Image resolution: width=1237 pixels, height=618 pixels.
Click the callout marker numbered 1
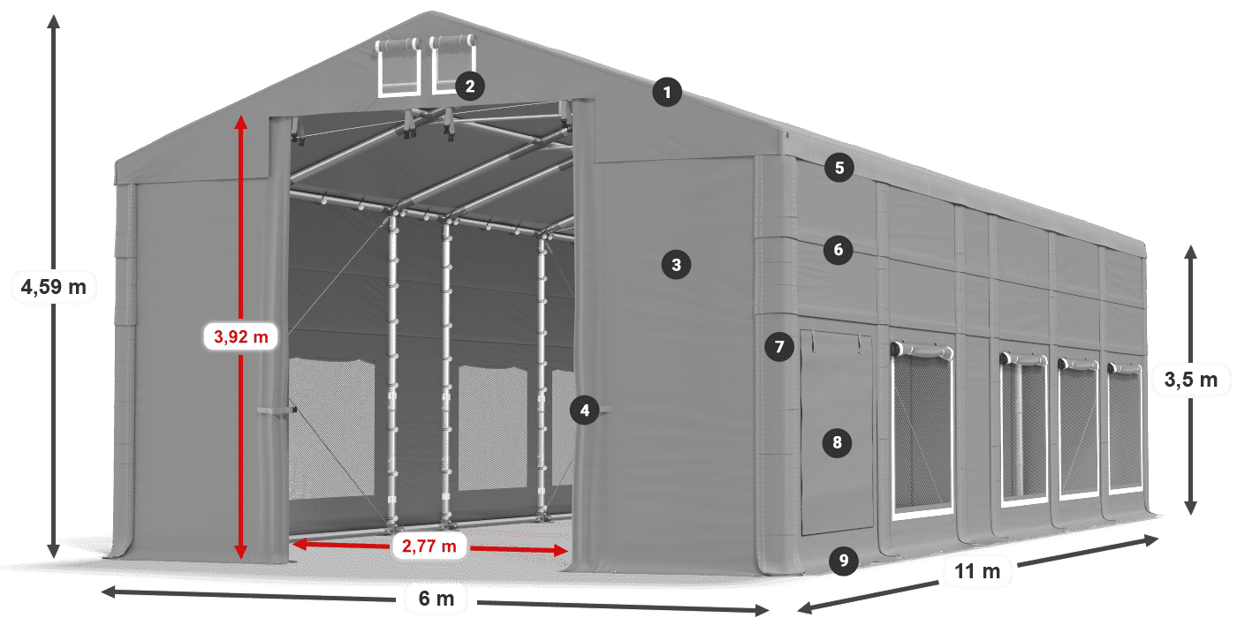(666, 92)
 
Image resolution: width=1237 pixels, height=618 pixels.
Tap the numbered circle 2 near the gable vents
(470, 87)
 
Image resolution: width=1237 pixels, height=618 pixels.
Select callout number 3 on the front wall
(676, 265)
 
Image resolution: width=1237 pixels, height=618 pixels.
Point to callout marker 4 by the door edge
(585, 410)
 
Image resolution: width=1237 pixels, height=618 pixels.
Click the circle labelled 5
(839, 168)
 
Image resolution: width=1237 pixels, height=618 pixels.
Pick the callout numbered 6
(839, 250)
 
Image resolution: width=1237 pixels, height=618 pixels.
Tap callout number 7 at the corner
(779, 346)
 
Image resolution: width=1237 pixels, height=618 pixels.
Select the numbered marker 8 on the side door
(838, 442)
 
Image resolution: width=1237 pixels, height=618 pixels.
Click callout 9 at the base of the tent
(843, 561)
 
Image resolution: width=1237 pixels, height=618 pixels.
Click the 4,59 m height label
(54, 287)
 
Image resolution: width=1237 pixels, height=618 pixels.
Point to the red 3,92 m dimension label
(240, 336)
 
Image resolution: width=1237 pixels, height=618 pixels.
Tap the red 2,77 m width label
(429, 546)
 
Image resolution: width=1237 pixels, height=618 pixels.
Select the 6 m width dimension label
(436, 599)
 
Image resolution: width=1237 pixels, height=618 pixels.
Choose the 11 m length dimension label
(977, 570)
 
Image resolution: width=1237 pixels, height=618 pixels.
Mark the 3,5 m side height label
(1191, 380)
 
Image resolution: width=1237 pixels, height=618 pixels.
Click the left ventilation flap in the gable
(398, 66)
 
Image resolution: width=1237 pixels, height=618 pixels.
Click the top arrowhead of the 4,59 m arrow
(54, 21)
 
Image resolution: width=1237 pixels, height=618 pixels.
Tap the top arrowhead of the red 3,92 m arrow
(240, 122)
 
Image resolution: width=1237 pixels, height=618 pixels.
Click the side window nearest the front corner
(922, 431)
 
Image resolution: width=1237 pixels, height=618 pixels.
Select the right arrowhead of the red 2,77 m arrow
(561, 550)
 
